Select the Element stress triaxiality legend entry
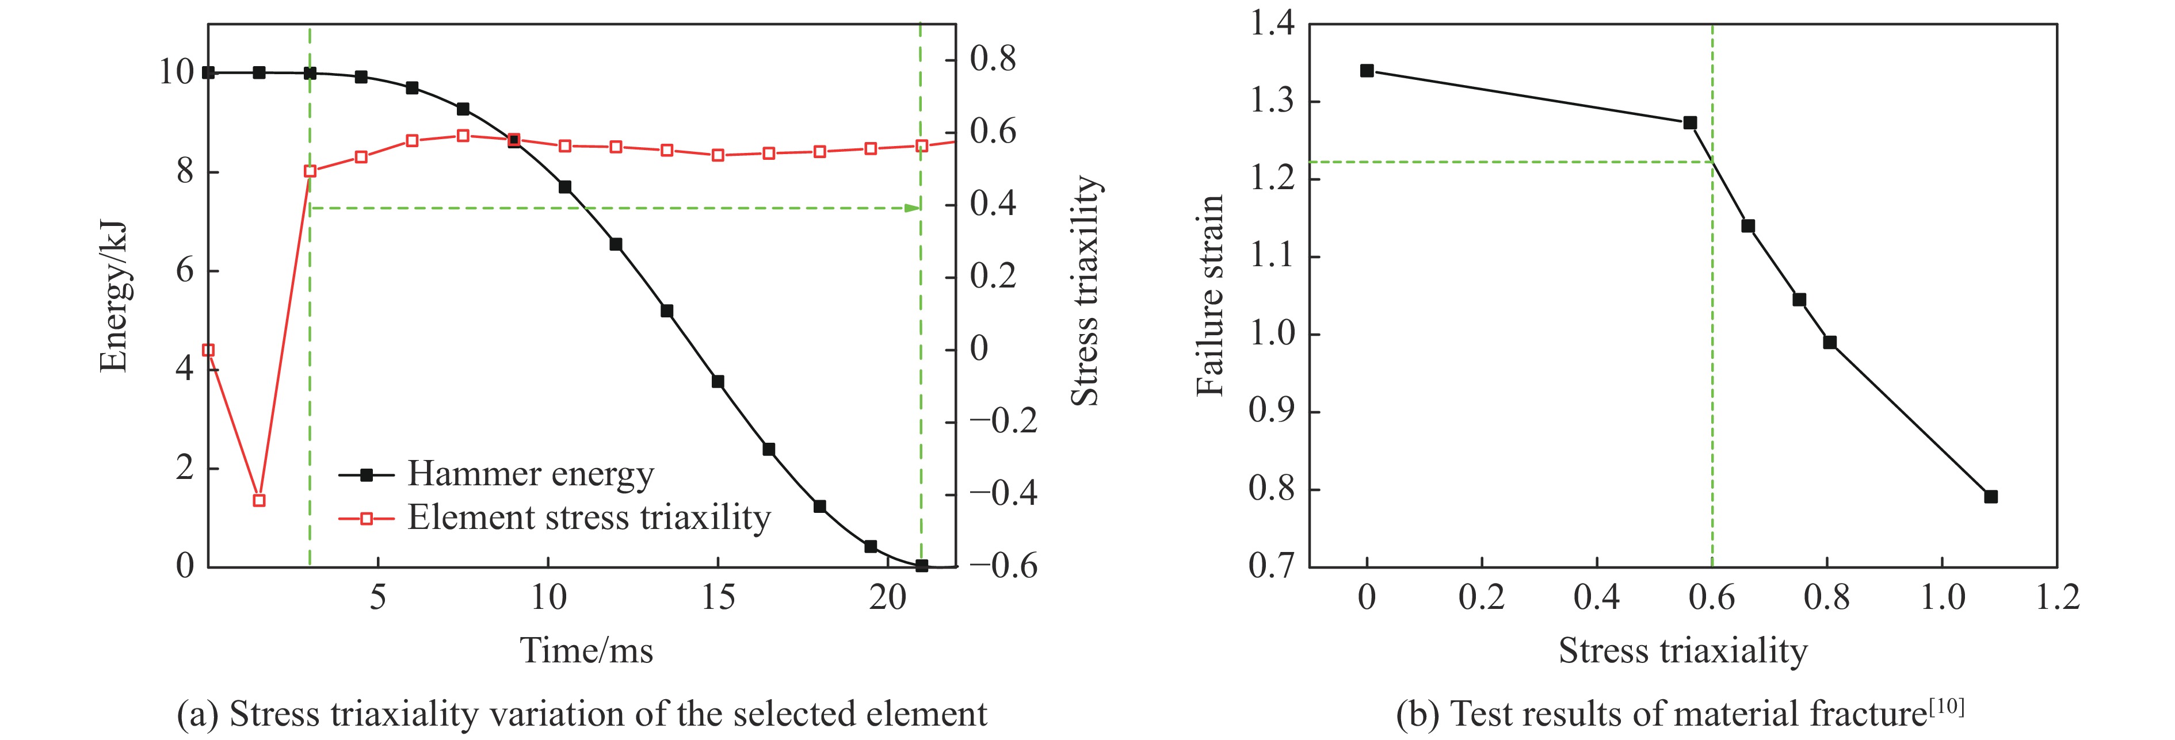589,518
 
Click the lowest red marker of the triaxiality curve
259,500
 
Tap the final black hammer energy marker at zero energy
921,565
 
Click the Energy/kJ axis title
113,297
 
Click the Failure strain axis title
1210,296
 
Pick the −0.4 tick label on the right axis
1003,493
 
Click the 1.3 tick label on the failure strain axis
1272,101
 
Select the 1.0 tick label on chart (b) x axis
1943,598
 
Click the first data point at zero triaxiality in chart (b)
1367,71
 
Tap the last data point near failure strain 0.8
1991,497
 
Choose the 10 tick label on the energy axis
177,72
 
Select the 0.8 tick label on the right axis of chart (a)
993,59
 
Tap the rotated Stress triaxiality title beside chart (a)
1085,291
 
